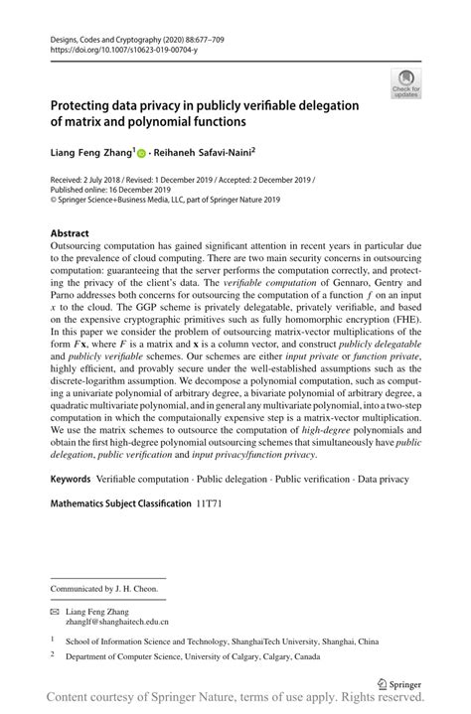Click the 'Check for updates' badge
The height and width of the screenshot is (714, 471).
(x=405, y=83)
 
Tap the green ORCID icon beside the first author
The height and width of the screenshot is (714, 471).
(x=140, y=155)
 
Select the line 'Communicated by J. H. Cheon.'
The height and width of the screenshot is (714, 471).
(x=104, y=589)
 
